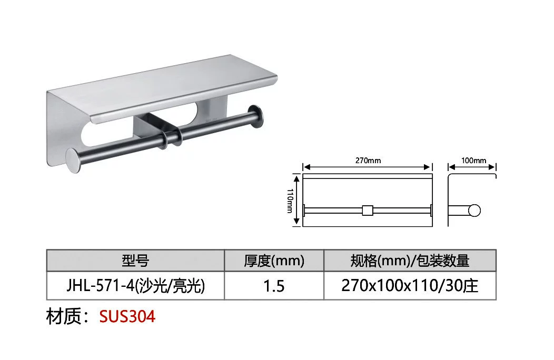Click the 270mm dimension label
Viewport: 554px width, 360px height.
pos(368,161)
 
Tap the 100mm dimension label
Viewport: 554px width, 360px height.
pos(473,161)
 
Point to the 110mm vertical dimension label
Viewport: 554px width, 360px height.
pos(290,201)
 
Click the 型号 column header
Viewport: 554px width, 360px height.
pos(135,261)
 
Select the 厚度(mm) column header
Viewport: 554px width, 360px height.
pos(274,261)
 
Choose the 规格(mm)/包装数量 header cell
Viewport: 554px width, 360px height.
pos(410,261)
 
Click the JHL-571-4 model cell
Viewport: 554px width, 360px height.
pos(136,286)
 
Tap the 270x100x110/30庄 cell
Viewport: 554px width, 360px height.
pos(410,286)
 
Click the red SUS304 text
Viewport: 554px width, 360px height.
pos(127,316)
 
